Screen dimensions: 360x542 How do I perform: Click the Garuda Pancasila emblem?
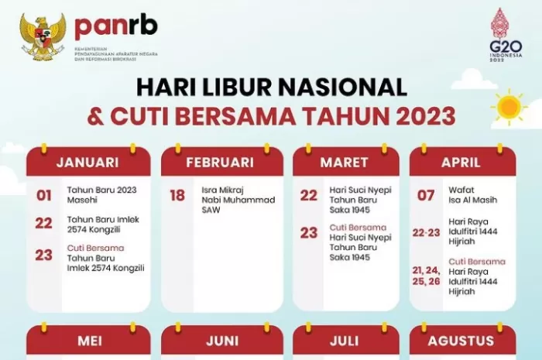click(43, 36)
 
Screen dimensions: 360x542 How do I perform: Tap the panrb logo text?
click(115, 26)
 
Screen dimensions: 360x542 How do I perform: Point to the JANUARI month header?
click(87, 163)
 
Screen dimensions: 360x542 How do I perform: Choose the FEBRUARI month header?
click(220, 163)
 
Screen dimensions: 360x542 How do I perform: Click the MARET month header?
click(344, 163)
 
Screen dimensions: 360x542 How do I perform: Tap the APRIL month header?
click(461, 163)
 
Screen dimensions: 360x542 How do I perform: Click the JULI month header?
click(345, 341)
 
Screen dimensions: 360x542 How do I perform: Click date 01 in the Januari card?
click(44, 196)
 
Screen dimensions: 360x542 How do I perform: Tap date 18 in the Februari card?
click(178, 195)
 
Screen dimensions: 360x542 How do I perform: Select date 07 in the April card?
click(426, 195)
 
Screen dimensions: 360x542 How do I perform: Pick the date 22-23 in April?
click(427, 231)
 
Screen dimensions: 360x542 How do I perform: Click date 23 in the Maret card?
click(309, 232)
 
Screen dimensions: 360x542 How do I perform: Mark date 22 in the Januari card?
click(44, 222)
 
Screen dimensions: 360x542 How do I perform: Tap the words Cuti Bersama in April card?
click(477, 262)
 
